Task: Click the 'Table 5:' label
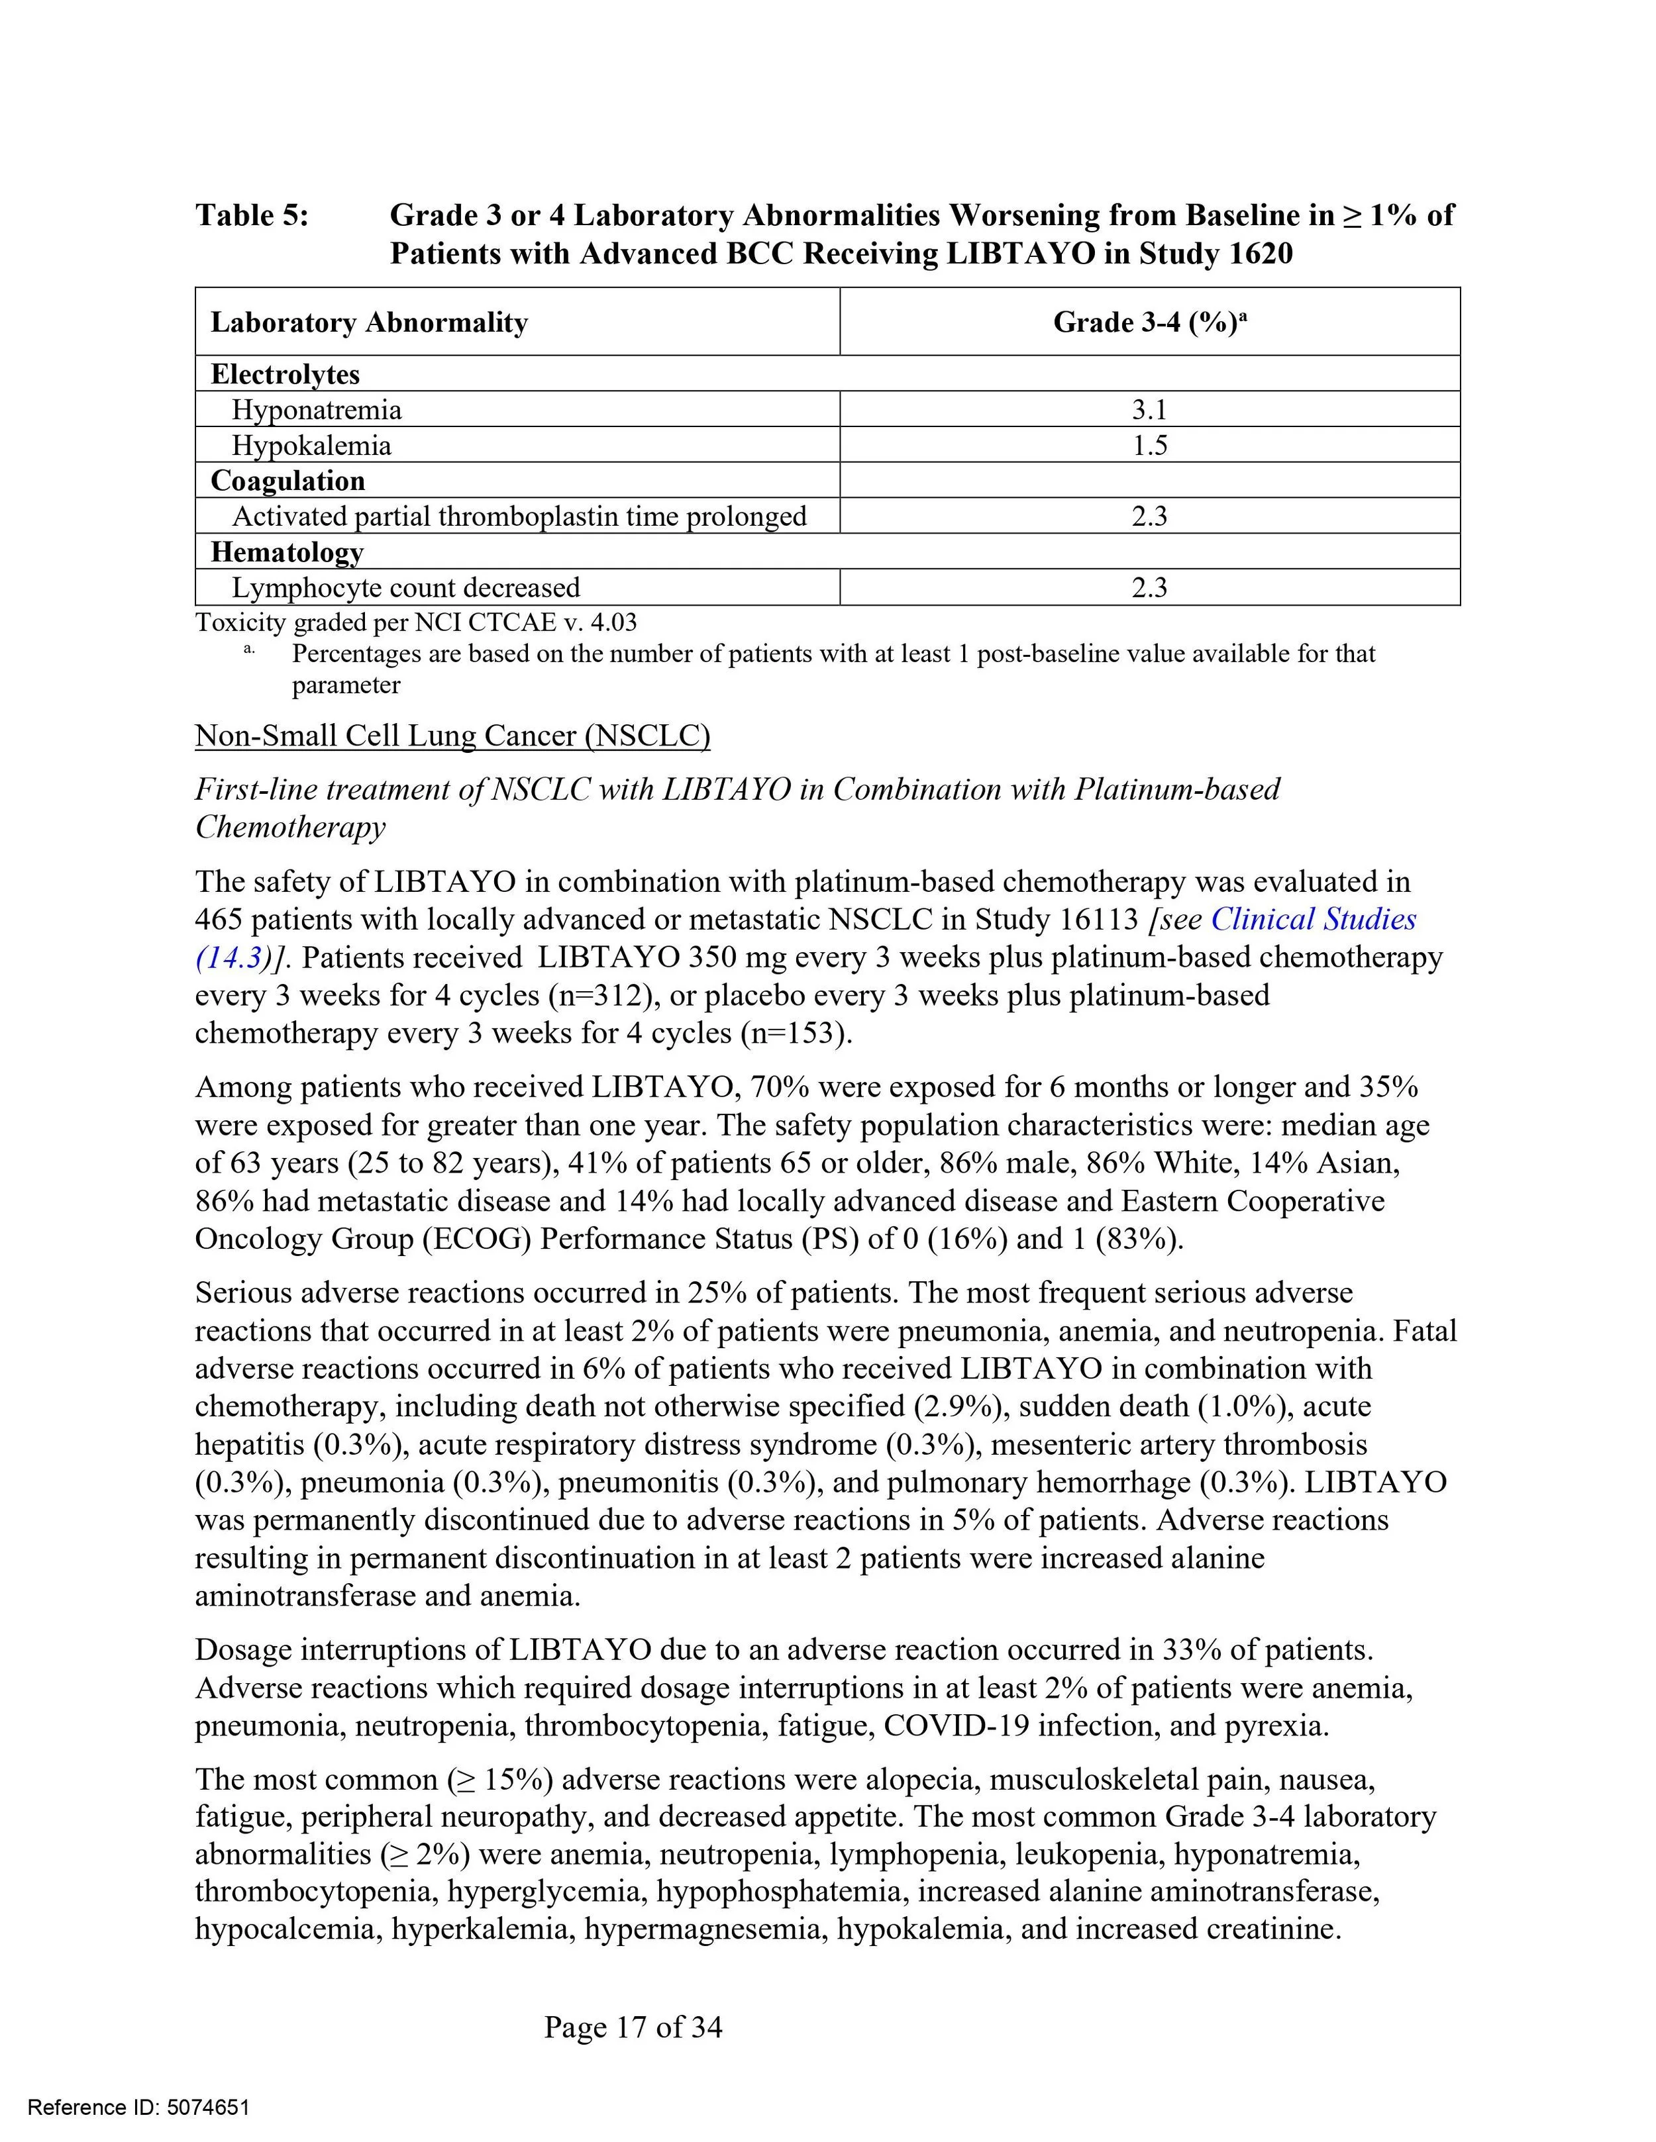pos(252,215)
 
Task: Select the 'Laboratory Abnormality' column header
pos(369,322)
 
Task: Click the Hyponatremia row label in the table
pos(317,410)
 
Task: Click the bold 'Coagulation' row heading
pos(287,481)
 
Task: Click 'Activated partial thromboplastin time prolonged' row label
pos(519,517)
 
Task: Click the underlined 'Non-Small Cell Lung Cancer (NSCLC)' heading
pos(452,736)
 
